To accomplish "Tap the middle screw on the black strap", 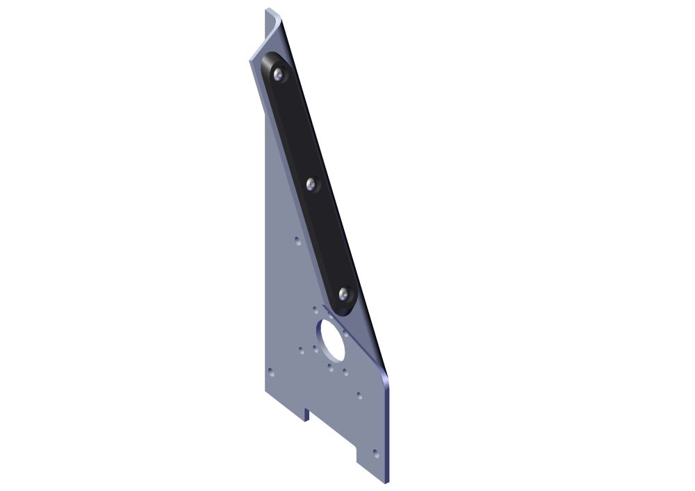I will tap(311, 185).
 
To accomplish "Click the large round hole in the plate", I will tap(332, 340).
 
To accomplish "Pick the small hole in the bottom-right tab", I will tap(376, 453).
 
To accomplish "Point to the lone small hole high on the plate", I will tap(297, 241).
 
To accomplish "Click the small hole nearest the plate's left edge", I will tap(272, 374).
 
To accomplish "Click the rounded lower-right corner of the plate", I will tap(384, 379).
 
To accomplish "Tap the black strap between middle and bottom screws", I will tap(327, 240).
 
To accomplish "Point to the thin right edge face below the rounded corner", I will tap(388, 431).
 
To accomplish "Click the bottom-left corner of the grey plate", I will tap(266, 390).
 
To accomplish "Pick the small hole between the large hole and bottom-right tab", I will tap(359, 395).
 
